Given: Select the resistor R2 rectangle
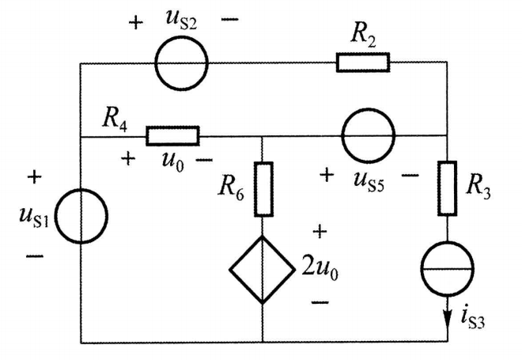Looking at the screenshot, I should [363, 62].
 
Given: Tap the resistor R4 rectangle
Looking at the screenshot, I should [172, 136].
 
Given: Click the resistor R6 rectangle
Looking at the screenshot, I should [263, 189].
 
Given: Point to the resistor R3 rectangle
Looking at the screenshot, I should [448, 189].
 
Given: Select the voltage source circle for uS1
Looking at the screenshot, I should [82, 214].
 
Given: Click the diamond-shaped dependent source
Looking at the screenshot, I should [262, 270].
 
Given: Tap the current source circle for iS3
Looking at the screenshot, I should [448, 268].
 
